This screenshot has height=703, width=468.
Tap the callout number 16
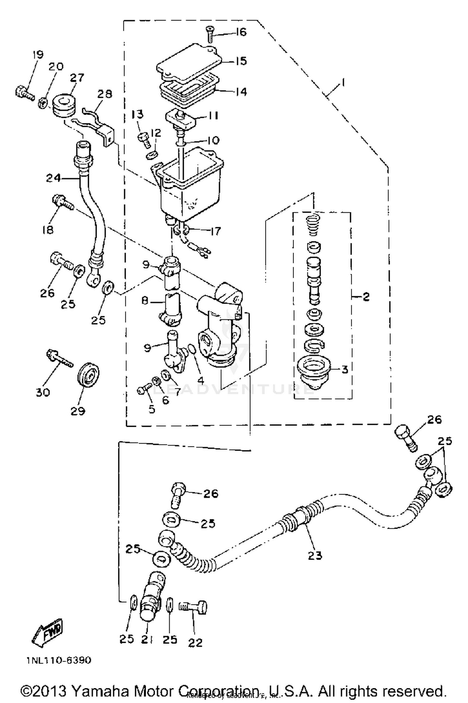(241, 32)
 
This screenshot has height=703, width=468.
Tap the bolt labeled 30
(59, 359)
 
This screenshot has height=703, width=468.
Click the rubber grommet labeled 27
(64, 106)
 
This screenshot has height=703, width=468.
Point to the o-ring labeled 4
(192, 349)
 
